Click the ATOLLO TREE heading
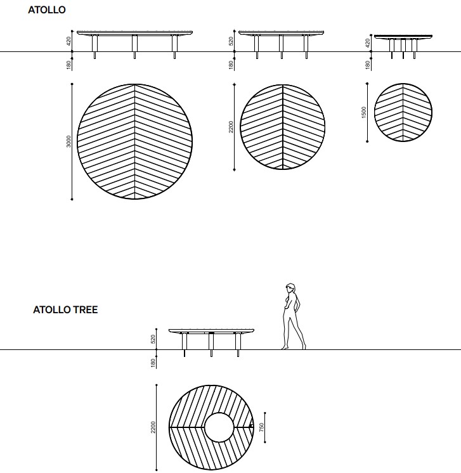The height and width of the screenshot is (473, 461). coord(65,311)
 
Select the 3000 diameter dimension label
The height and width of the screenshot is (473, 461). coord(68,141)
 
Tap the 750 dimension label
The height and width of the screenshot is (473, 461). coord(262,428)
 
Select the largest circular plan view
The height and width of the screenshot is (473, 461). coord(134,141)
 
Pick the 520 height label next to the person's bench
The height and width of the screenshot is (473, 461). coord(153,339)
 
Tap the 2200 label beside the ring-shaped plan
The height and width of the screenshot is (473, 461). coord(153,427)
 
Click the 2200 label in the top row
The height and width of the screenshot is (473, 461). coord(231,127)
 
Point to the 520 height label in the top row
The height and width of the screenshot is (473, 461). coord(231,41)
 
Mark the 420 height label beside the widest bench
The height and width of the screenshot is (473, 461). coord(68,41)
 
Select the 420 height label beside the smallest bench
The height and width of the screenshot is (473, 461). coord(367,42)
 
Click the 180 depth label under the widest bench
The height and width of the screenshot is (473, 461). coord(68,63)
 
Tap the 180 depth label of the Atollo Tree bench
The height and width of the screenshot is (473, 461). coord(153,361)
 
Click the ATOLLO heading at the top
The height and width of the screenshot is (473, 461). coord(47,10)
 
